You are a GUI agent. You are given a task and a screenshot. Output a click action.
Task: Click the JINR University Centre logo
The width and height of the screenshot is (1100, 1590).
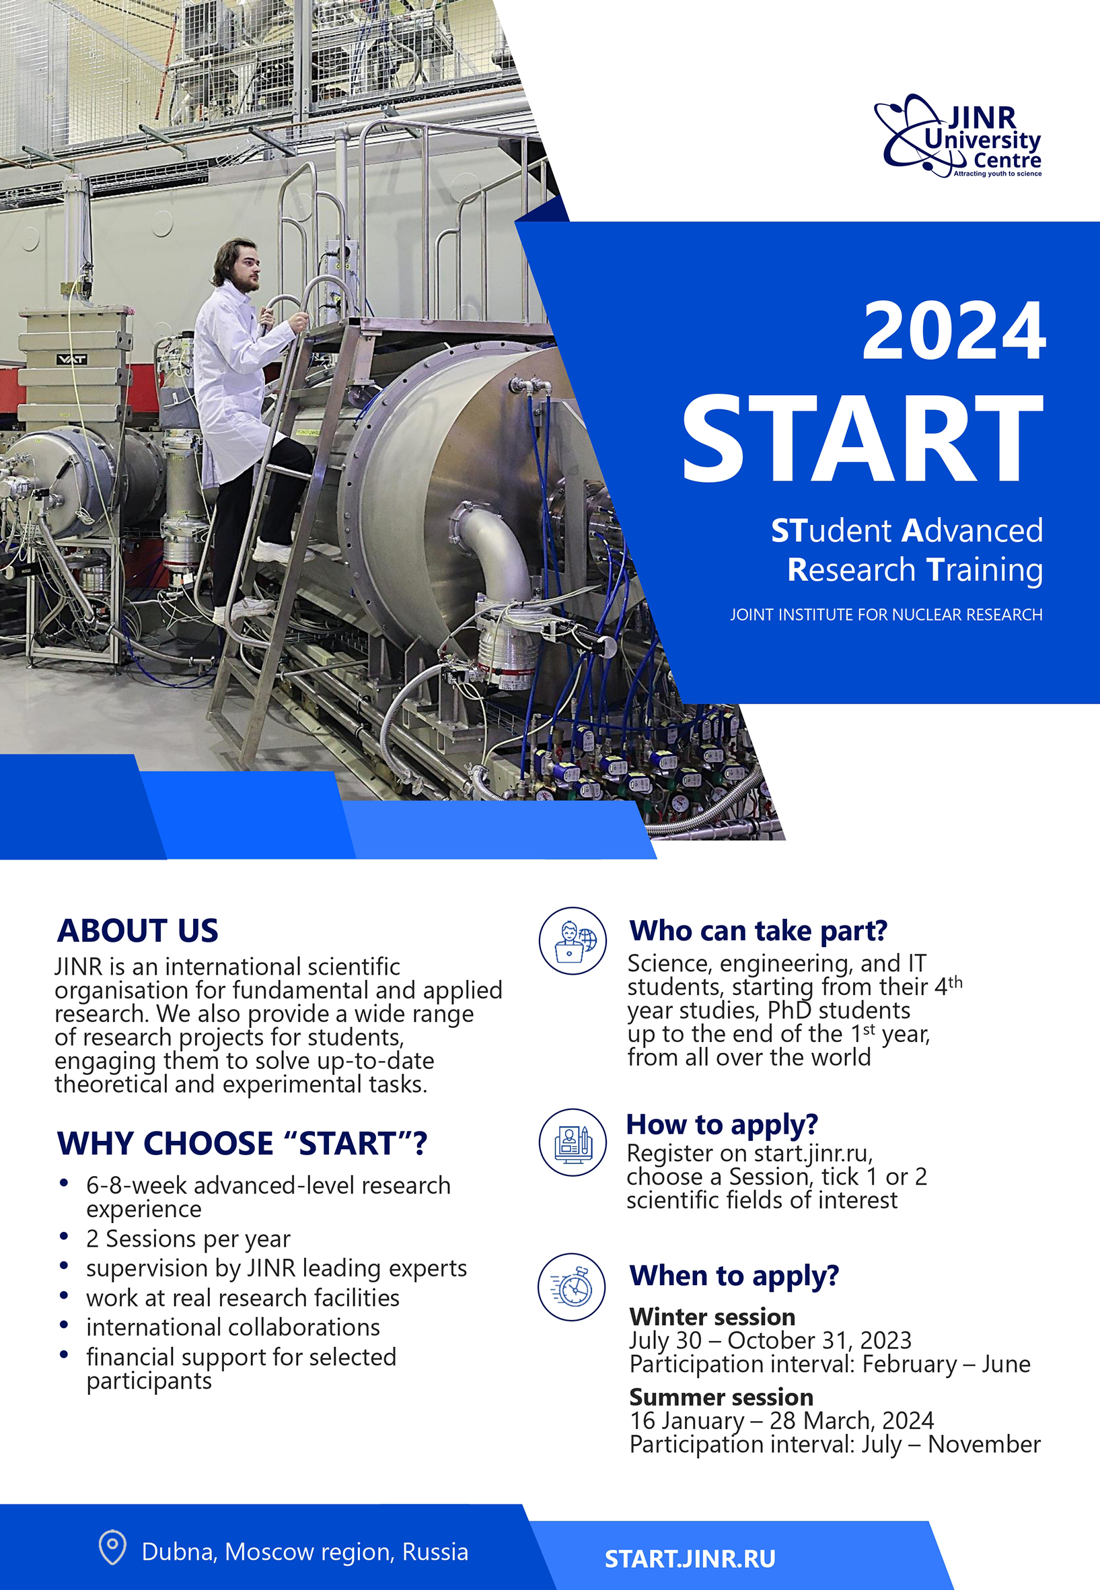[958, 136]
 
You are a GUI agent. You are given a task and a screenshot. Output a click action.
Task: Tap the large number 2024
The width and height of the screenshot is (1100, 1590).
[954, 332]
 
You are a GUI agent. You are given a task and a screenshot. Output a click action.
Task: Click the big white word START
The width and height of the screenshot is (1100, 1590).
[863, 438]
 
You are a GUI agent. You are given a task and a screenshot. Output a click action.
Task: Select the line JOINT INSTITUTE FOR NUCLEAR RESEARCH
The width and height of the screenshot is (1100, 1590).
[886, 615]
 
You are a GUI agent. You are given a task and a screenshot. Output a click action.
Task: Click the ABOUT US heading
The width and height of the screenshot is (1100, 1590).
[138, 930]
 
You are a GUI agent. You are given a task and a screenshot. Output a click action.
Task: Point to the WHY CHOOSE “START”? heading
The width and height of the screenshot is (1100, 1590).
[242, 1143]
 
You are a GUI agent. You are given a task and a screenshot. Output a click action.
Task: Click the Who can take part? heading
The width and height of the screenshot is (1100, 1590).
[758, 931]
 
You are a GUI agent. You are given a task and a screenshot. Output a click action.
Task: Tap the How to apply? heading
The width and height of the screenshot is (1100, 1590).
[722, 1125]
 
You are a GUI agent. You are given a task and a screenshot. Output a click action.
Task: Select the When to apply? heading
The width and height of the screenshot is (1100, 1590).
[734, 1276]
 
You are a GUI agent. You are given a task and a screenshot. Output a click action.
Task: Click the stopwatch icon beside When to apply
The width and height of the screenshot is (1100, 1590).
[571, 1286]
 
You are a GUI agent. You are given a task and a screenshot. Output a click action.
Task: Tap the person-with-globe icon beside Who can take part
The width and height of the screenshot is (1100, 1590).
[573, 940]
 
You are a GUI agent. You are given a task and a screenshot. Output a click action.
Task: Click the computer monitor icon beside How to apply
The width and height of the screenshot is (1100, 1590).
[573, 1142]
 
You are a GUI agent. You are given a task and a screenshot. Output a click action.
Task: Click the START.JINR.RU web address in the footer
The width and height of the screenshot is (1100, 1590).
[690, 1558]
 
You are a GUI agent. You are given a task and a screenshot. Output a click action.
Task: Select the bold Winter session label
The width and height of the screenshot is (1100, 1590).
[712, 1316]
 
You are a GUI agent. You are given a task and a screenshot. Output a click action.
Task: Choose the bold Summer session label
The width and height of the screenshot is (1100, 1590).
[721, 1396]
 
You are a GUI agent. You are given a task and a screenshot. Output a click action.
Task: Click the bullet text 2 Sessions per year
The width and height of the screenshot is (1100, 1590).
[188, 1239]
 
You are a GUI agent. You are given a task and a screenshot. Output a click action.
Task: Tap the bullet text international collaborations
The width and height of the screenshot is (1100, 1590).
[233, 1327]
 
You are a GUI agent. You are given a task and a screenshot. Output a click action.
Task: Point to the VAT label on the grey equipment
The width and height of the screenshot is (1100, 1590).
[71, 359]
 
